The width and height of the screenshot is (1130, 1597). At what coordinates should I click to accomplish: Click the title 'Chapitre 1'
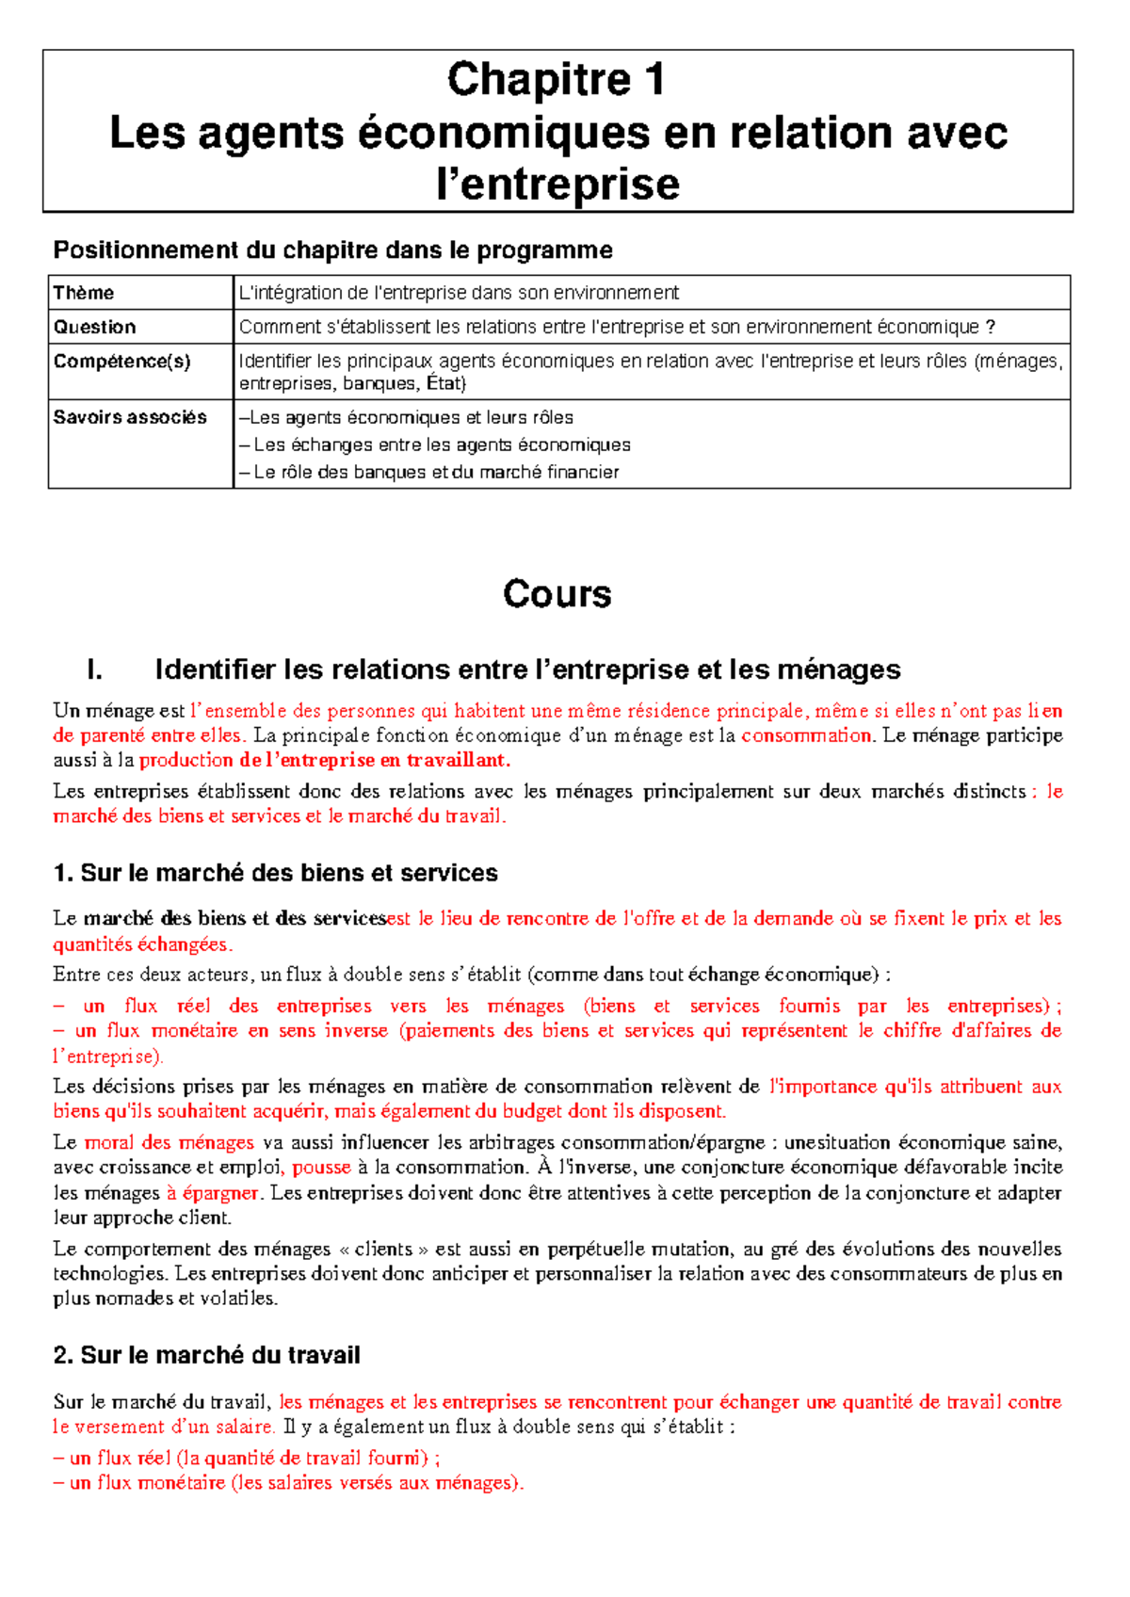point(557,79)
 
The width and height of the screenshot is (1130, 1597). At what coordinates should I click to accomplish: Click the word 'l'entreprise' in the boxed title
point(557,184)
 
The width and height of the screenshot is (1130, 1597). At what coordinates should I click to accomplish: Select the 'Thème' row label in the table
point(84,293)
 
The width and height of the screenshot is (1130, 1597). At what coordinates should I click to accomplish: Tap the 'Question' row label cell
point(94,327)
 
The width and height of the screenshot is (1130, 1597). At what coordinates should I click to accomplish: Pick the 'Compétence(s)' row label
point(121,362)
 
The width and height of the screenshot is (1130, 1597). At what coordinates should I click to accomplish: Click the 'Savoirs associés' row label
point(130,417)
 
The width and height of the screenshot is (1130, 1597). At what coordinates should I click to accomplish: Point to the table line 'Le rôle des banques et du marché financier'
point(435,472)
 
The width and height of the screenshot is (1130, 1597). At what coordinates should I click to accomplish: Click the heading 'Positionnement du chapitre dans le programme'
point(332,250)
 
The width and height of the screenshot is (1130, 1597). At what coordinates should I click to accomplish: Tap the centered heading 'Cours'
point(557,594)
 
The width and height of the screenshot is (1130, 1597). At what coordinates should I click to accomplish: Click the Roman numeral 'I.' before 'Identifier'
point(94,669)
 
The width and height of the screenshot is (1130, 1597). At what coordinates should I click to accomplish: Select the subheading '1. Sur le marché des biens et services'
point(276,873)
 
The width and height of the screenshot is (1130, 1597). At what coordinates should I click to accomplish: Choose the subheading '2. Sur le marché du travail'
point(207,1355)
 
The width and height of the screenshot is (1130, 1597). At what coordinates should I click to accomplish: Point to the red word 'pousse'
point(321,1168)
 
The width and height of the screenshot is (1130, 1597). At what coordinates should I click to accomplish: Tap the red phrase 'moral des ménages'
point(169,1143)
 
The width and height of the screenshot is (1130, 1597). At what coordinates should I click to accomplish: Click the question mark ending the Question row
point(990,327)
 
